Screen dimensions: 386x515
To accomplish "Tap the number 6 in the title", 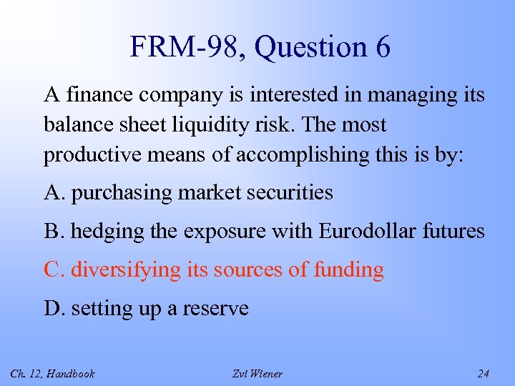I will [x=381, y=48].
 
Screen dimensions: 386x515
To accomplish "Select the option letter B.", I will [x=51, y=231].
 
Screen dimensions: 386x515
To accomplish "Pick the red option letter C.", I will [x=52, y=269].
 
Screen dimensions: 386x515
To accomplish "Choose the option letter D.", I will [x=52, y=308].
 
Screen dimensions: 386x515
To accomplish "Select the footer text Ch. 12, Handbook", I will [x=53, y=374].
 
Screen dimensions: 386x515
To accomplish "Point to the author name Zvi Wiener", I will [x=257, y=374].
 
